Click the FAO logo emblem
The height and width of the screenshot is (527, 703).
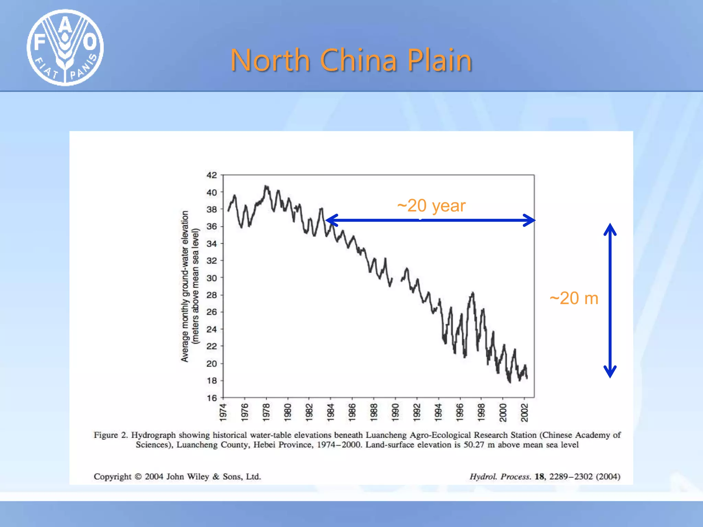(65, 47)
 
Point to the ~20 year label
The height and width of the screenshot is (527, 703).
(431, 206)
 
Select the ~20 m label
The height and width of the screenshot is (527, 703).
(574, 298)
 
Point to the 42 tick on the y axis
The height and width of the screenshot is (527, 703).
(212, 175)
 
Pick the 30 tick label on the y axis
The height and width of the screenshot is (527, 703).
(212, 278)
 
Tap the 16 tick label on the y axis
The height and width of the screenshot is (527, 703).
(212, 398)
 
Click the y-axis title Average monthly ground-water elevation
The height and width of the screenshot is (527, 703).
(185, 286)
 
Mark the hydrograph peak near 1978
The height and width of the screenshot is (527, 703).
(266, 187)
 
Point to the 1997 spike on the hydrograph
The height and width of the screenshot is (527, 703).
(473, 294)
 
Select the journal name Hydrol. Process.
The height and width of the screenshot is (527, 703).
(500, 477)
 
